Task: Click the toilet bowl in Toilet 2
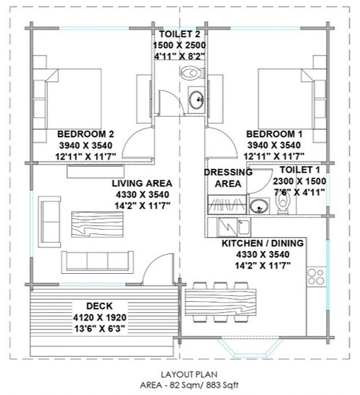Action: coord(192,72)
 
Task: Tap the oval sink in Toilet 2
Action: coord(197,100)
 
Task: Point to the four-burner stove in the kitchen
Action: coord(316,277)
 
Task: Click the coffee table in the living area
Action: coord(98,224)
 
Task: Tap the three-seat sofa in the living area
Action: coord(98,262)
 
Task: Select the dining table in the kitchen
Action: coord(220,302)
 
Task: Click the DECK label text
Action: coord(99,306)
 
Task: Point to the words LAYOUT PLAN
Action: coord(189,374)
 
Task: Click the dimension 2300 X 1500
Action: coord(299,181)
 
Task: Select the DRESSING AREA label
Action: coord(228,178)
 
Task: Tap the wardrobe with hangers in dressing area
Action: coord(227,205)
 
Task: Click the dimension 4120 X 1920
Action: coord(100,317)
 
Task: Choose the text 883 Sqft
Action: coord(223,385)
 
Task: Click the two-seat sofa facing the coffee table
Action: coord(50,222)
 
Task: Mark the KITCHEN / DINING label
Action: coord(262,243)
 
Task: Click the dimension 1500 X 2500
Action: coord(180,45)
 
